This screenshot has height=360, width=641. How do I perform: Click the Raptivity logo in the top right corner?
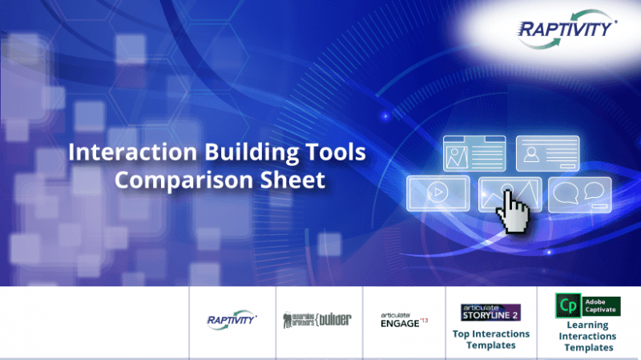pyautogui.click(x=566, y=30)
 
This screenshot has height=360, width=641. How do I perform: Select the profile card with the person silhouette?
pyautogui.click(x=547, y=154)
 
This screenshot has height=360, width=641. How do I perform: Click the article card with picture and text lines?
pyautogui.click(x=474, y=154)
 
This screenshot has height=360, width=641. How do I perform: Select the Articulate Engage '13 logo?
pyautogui.click(x=404, y=319)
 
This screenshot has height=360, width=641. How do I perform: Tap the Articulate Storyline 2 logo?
pyautogui.click(x=490, y=311)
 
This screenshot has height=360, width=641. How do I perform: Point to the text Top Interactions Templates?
pyautogui.click(x=490, y=339)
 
